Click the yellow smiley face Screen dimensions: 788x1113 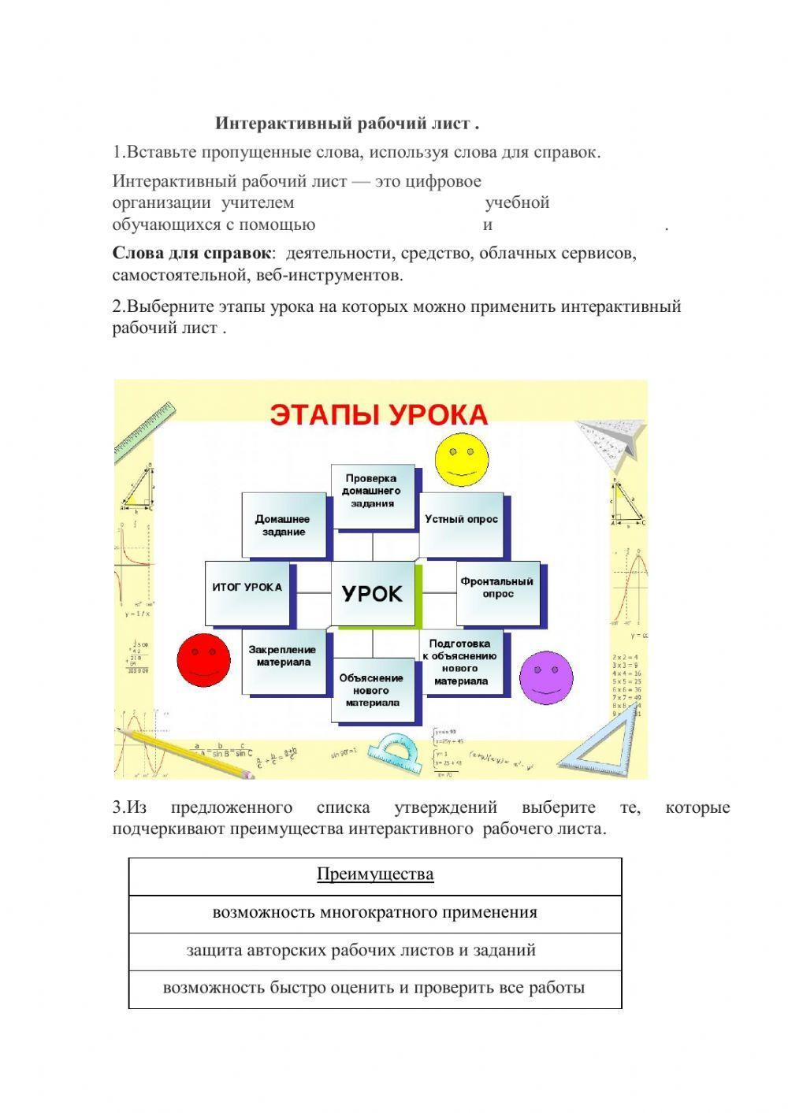[x=461, y=454]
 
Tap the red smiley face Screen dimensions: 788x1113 [x=203, y=658]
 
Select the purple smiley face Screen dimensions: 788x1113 [x=545, y=677]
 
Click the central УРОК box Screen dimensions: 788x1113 [x=373, y=594]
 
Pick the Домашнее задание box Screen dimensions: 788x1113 [x=283, y=525]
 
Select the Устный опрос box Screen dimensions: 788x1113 [x=461, y=520]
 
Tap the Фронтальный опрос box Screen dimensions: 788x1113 [x=498, y=588]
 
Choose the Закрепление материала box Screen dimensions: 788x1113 [x=284, y=660]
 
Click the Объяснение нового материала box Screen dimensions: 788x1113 [x=371, y=690]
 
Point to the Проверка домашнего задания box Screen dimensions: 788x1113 [x=371, y=494]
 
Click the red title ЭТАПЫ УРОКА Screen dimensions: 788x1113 [x=379, y=414]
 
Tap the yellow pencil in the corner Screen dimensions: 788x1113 [x=186, y=752]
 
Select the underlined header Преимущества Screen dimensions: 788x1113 [x=375, y=874]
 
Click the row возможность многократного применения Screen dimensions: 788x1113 [x=375, y=913]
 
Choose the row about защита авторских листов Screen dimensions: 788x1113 [x=362, y=951]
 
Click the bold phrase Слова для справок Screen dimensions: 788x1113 [x=191, y=254]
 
